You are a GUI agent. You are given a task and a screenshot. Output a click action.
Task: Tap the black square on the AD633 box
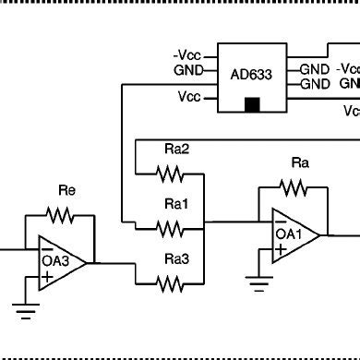point(252,104)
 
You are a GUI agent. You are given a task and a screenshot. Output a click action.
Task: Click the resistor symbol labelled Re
point(61,215)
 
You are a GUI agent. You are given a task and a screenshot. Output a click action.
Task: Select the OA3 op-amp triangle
point(59,261)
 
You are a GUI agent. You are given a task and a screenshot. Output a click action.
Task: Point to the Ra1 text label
point(176,204)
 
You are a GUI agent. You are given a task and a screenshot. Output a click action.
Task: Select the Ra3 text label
point(176,259)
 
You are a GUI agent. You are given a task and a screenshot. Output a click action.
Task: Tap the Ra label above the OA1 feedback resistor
point(299,163)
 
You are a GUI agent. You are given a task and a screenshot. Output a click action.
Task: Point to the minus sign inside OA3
point(45,246)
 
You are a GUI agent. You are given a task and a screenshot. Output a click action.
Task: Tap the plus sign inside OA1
point(280,250)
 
